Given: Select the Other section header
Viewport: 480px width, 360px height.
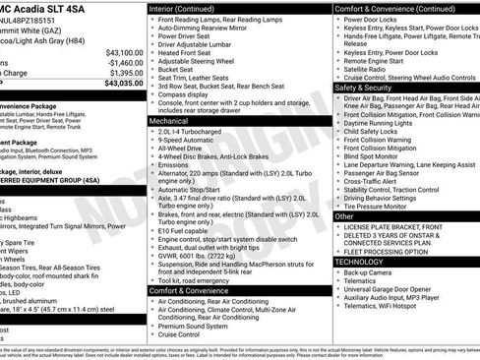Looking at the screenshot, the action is coord(344,215).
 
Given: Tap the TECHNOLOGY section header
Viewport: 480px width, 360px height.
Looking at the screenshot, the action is coord(360,262).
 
